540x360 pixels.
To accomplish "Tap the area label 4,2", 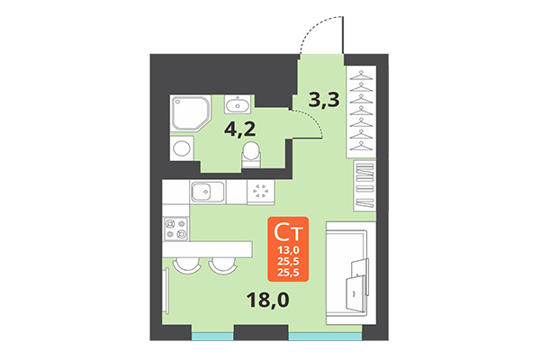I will tap(240, 127).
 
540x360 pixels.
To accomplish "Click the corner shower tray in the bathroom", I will tap(187, 114).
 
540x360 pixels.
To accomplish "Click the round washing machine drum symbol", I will tap(182, 148).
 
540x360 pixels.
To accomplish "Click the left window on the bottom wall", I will tap(212, 337).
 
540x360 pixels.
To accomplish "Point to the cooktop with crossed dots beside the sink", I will tap(262, 192).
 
